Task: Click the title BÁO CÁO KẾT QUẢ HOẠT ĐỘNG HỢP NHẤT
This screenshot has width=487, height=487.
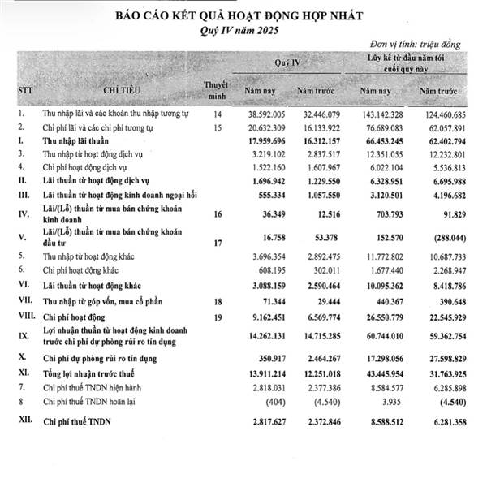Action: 243,14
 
